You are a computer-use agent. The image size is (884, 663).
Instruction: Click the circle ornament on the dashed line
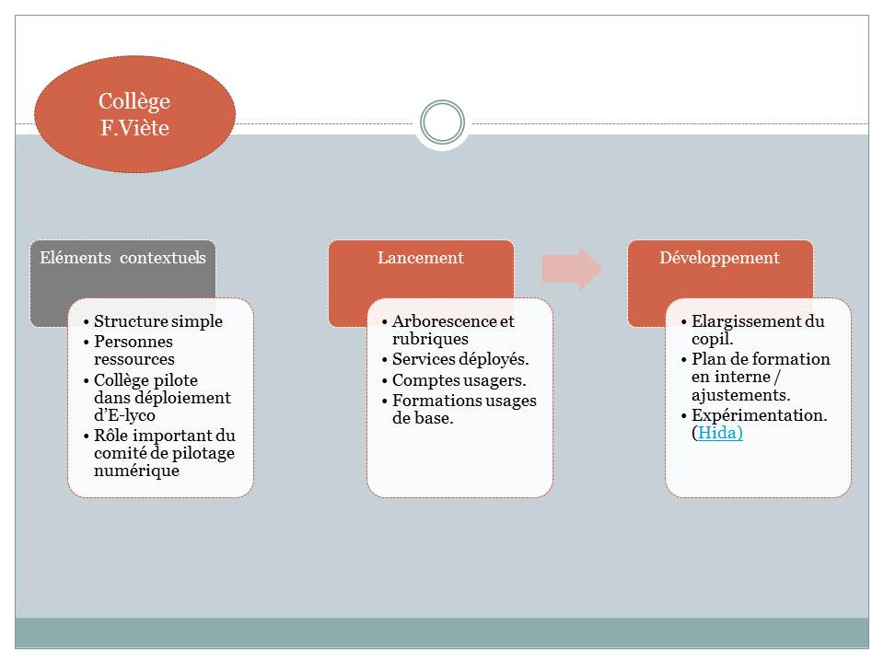click(442, 122)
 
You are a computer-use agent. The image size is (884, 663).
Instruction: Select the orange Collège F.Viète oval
click(134, 114)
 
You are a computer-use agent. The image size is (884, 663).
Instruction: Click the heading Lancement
click(421, 258)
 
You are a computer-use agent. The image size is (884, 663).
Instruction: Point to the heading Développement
click(719, 258)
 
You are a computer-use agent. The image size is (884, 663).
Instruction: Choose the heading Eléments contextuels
click(122, 258)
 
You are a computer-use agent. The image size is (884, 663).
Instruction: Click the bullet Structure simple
click(158, 321)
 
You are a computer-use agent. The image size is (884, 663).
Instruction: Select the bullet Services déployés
click(460, 359)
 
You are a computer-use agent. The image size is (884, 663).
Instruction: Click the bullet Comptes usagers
click(459, 379)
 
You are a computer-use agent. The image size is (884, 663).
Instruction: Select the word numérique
click(136, 471)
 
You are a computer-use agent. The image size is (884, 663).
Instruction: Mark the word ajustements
click(739, 394)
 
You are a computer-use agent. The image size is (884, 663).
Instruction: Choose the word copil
click(710, 338)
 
